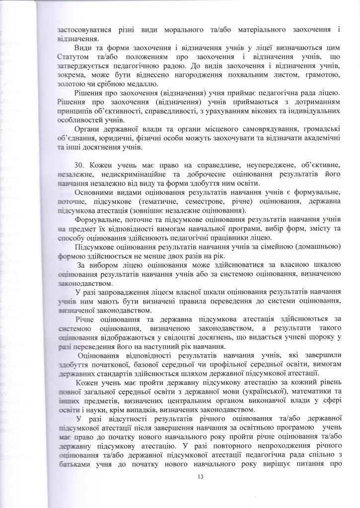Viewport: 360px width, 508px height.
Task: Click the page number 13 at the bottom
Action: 201,477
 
